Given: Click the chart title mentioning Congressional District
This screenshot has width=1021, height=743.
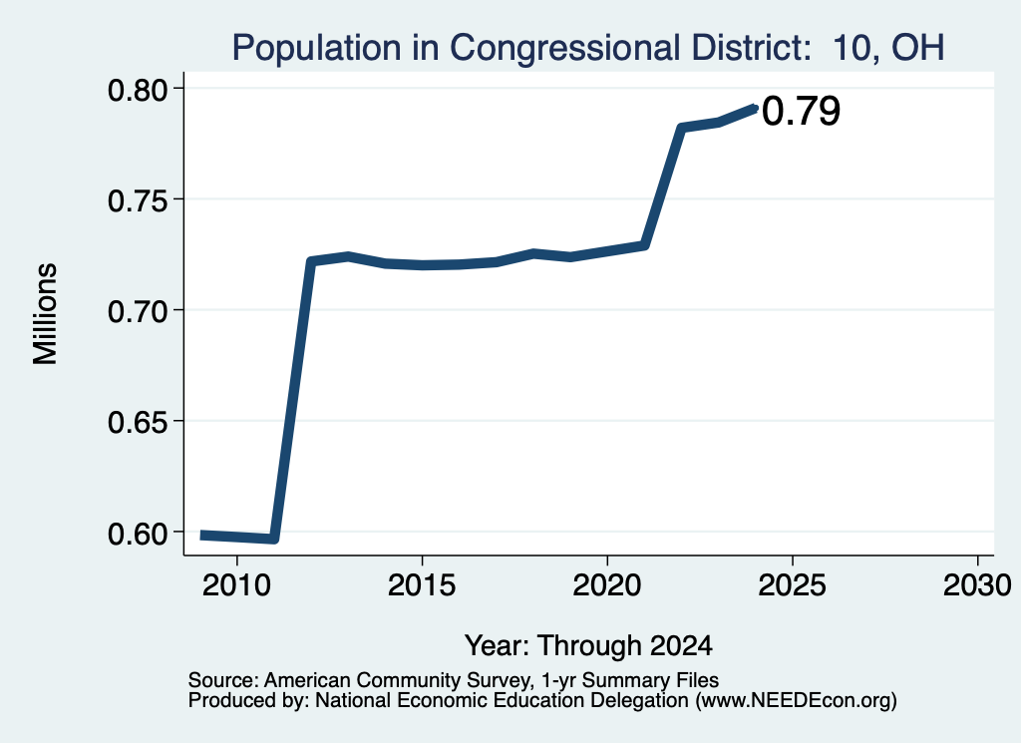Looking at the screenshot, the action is point(588,48).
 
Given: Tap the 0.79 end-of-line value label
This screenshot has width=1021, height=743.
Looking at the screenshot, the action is point(801,111).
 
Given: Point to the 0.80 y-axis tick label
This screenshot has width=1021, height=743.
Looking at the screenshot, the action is point(138,89).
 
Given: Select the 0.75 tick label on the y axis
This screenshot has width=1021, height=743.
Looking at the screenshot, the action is point(138,199).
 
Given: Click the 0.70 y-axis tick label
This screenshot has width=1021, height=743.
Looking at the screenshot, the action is point(138,310).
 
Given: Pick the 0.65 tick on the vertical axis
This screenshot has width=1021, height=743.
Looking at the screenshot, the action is point(138,422).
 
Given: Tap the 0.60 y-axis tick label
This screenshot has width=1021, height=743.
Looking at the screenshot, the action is point(138,534).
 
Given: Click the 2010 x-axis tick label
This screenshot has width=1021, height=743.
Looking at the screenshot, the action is point(236,584).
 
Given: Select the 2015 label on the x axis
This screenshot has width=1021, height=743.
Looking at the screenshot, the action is point(422,584).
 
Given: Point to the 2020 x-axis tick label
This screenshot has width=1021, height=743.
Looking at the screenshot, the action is point(607,584).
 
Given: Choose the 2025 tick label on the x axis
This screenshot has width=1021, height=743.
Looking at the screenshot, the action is point(793,584).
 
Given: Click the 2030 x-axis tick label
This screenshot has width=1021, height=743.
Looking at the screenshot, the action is point(977,584).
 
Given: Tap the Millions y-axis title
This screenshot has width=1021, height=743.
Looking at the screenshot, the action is point(46,313).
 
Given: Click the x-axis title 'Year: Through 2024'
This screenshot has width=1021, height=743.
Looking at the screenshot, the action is point(588,645).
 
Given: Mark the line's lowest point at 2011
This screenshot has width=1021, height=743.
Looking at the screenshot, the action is point(274,539).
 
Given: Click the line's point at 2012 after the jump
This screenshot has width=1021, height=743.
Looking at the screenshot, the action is point(311,261).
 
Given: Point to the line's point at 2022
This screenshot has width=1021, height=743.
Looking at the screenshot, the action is point(681,128).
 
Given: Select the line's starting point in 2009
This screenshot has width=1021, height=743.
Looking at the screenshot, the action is point(202,535).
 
